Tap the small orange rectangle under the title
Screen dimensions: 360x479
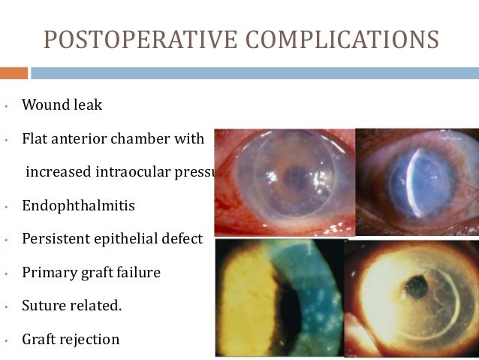pos(14,73)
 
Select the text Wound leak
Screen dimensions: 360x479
pos(62,105)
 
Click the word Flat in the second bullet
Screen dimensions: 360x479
pos(35,139)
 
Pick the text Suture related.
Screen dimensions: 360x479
pos(72,306)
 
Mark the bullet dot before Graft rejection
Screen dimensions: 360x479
pos(5,340)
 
